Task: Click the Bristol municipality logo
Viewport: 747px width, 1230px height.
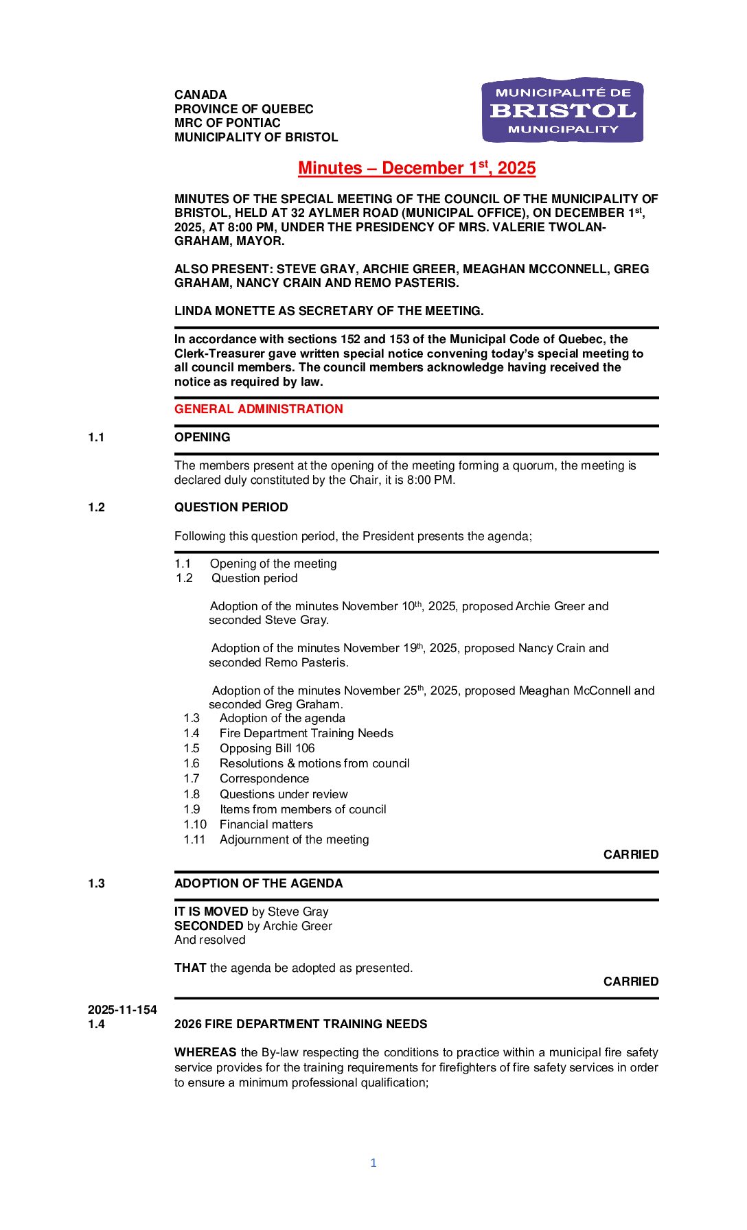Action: (562, 110)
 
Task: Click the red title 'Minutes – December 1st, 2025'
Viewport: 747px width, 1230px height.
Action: (417, 168)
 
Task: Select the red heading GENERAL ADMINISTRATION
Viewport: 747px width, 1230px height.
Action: (258, 409)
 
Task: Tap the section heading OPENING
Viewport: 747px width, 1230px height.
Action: (202, 437)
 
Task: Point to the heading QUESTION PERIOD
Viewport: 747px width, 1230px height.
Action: (231, 507)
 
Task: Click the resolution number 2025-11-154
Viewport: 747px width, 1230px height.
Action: (122, 1010)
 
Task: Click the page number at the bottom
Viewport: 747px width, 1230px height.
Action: (373, 1163)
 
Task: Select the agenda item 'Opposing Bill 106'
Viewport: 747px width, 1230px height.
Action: (267, 748)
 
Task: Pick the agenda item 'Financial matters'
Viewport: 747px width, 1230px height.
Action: (266, 824)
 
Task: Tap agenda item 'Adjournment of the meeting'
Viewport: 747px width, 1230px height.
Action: (294, 839)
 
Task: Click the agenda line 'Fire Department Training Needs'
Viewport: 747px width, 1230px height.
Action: (306, 733)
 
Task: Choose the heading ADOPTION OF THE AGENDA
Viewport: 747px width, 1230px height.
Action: (258, 883)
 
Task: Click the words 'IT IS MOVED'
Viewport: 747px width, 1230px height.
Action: (211, 912)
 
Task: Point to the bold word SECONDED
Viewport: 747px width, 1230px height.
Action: (209, 926)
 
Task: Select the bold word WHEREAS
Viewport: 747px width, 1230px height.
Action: (205, 1052)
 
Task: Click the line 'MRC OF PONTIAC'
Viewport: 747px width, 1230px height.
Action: (227, 123)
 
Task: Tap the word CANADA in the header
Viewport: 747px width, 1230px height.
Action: (200, 95)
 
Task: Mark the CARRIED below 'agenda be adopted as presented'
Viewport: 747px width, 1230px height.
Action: (630, 982)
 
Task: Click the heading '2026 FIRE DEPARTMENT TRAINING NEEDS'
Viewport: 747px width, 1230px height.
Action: (301, 1024)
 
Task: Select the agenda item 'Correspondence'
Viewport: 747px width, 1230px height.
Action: (264, 778)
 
